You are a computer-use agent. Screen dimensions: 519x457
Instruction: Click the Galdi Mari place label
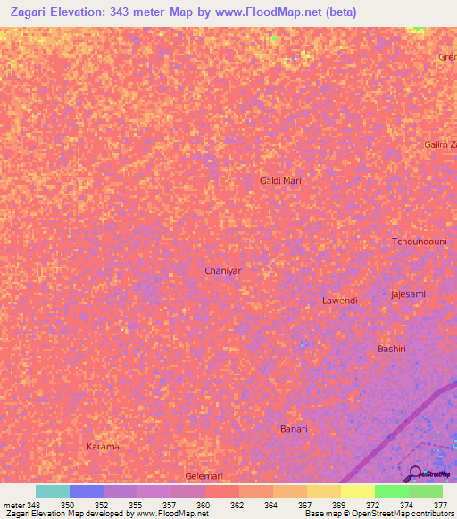click(280, 180)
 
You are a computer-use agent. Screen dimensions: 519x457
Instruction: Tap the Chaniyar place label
click(223, 269)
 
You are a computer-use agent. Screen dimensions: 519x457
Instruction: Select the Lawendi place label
click(339, 301)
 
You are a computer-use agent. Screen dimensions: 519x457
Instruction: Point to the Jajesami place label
click(408, 293)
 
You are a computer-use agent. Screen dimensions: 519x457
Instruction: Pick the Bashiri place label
click(392, 349)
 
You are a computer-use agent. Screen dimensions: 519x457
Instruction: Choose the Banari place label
click(294, 429)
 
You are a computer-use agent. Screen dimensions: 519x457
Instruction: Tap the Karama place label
click(102, 446)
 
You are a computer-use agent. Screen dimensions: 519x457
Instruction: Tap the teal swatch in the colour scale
click(52, 491)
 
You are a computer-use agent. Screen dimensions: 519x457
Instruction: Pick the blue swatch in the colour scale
click(86, 491)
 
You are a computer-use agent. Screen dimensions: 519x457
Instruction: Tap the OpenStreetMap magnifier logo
click(414, 474)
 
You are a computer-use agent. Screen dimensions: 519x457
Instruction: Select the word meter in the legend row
click(13, 505)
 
